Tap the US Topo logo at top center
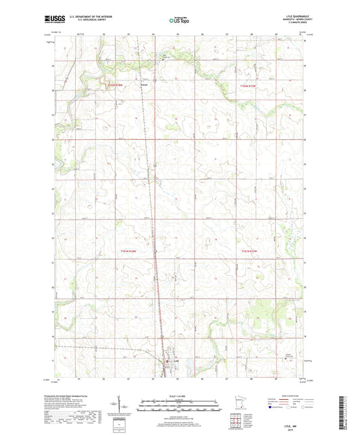179,21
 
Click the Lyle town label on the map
174,363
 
